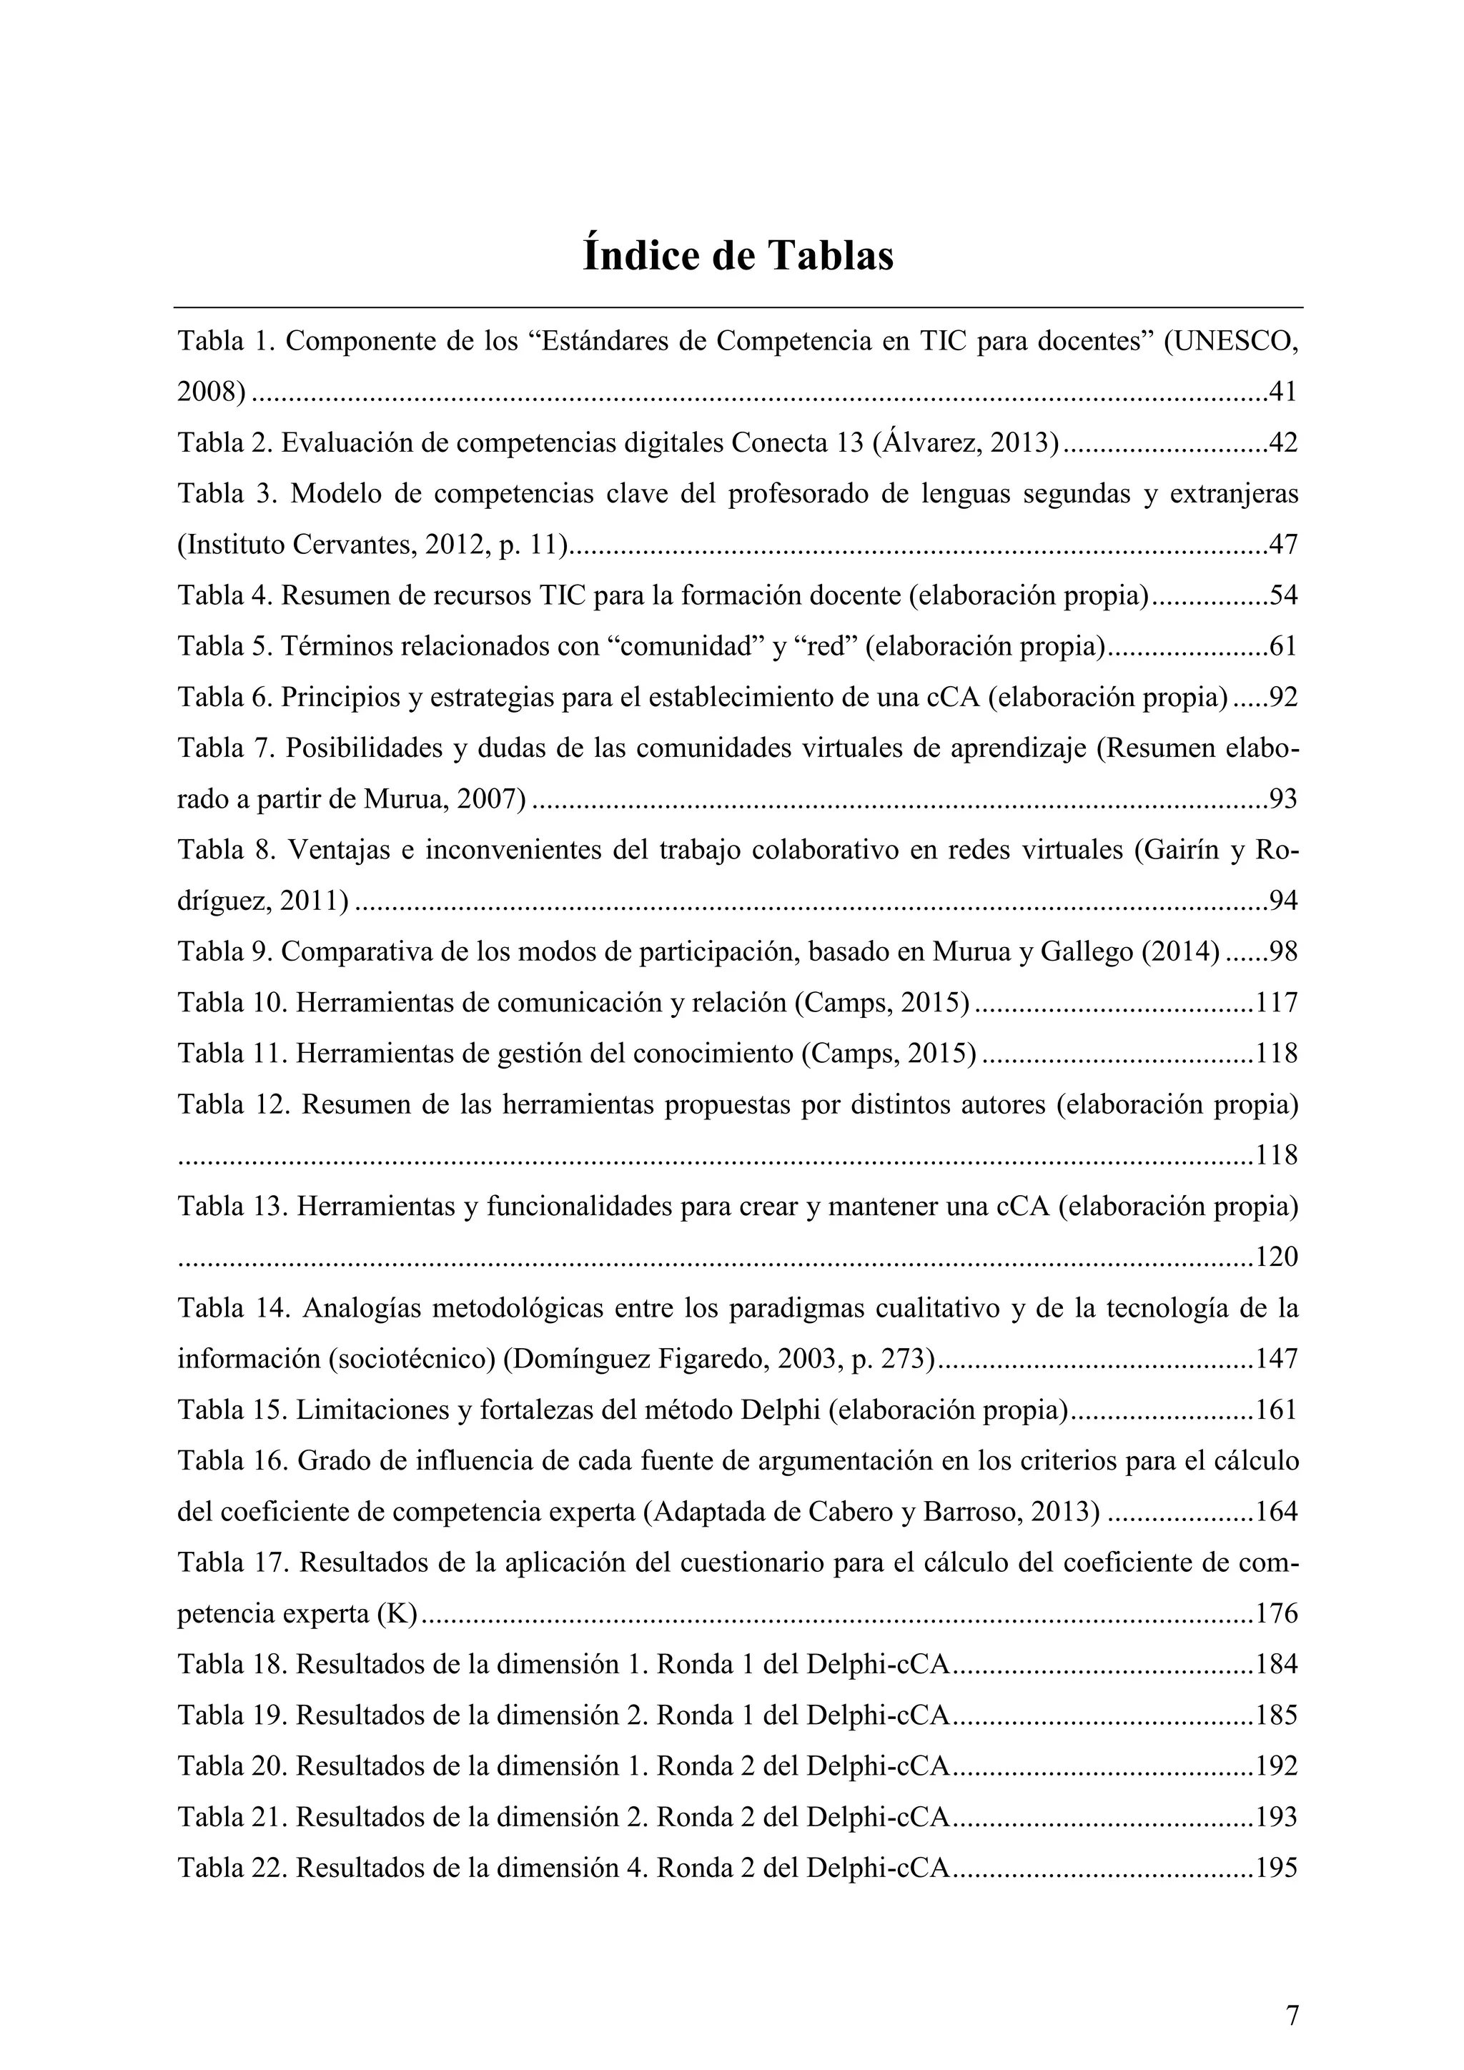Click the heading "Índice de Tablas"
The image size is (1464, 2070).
click(x=738, y=255)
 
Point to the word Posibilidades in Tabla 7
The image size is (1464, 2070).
click(x=370, y=748)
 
